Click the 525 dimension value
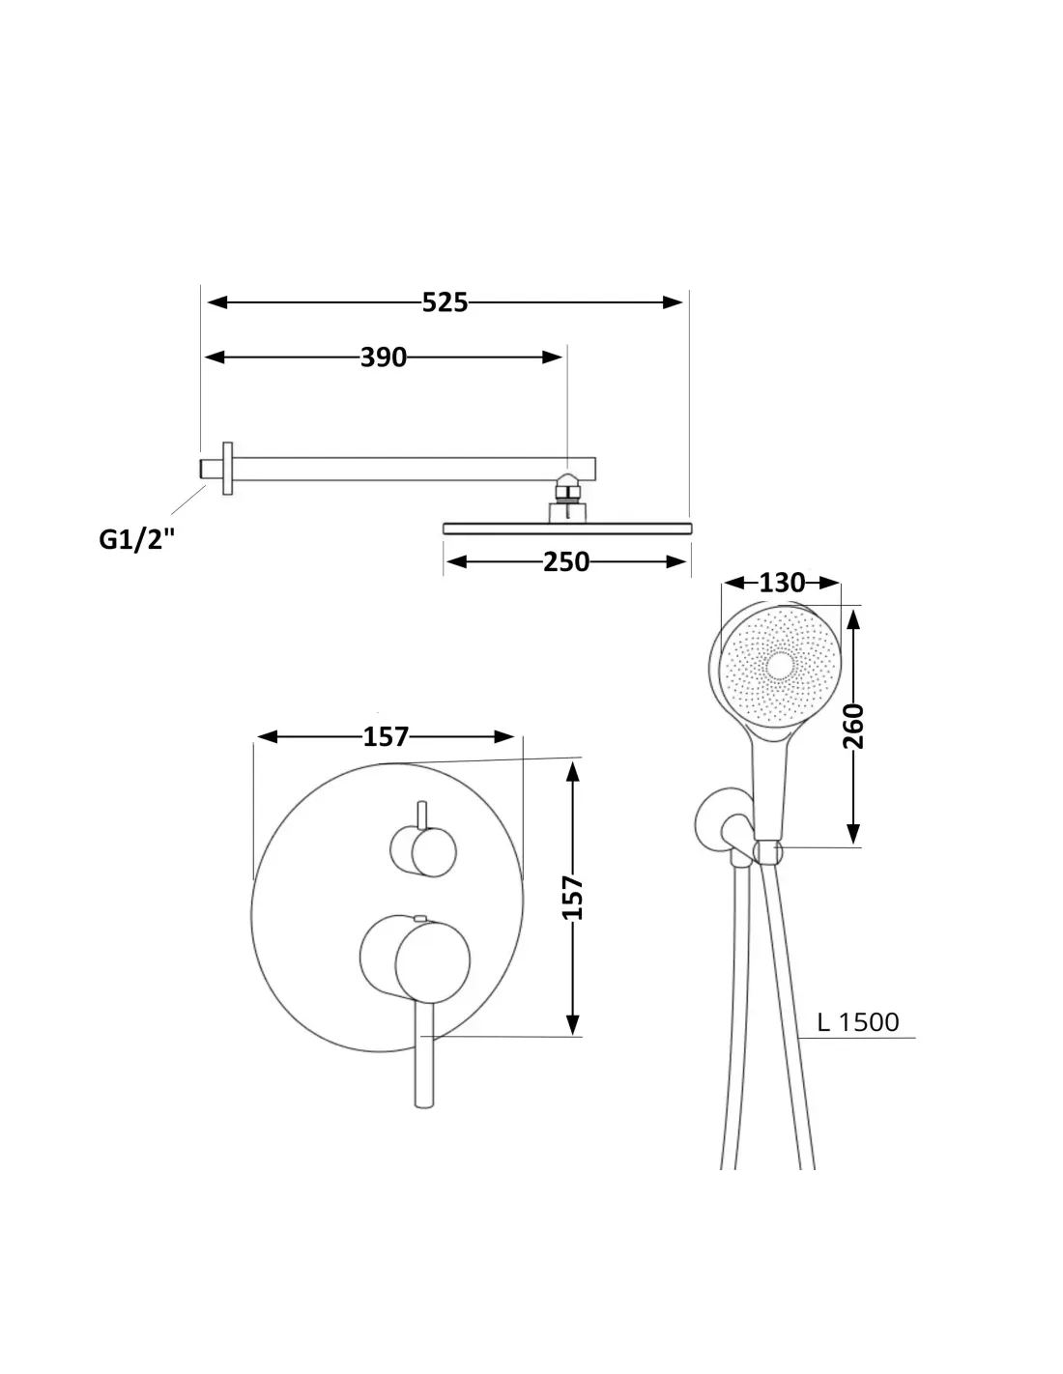[445, 302]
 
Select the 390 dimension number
[384, 358]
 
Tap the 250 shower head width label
[566, 561]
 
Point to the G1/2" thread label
[136, 539]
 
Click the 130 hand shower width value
[782, 583]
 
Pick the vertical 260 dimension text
[853, 726]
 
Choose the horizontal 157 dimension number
[386, 736]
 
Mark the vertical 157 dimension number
[572, 898]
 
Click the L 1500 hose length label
[857, 1022]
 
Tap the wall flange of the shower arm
[228, 468]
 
